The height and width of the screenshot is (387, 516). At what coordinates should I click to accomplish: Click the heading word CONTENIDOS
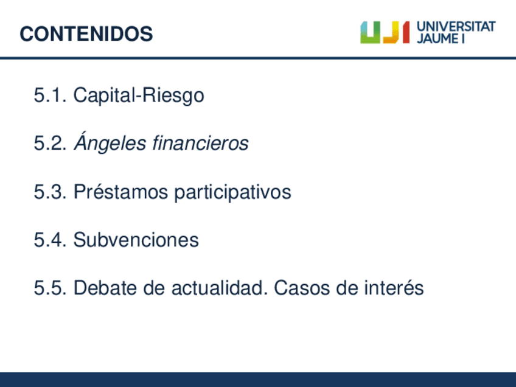pyautogui.click(x=86, y=34)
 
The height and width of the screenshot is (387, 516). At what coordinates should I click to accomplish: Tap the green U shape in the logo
pyautogui.click(x=370, y=33)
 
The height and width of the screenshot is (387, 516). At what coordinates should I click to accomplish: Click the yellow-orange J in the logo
pyautogui.click(x=392, y=33)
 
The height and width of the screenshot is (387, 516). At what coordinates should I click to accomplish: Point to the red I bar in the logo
pyautogui.click(x=406, y=33)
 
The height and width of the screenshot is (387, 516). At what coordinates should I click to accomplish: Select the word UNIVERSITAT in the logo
pyautogui.click(x=456, y=27)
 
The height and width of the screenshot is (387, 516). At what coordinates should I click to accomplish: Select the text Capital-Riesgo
pyautogui.click(x=139, y=96)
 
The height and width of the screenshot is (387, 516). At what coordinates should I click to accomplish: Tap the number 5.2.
pyautogui.click(x=51, y=143)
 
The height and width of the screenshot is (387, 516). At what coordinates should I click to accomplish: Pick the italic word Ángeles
pyautogui.click(x=110, y=142)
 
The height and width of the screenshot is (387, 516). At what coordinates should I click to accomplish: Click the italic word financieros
pyautogui.click(x=200, y=143)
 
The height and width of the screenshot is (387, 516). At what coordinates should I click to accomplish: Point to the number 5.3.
pyautogui.click(x=51, y=192)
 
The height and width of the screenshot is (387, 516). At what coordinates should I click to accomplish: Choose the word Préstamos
pyautogui.click(x=120, y=191)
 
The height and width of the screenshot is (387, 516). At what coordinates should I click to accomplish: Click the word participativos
pyautogui.click(x=232, y=192)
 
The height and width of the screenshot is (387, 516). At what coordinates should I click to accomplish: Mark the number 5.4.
pyautogui.click(x=51, y=240)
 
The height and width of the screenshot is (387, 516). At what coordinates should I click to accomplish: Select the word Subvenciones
pyautogui.click(x=136, y=239)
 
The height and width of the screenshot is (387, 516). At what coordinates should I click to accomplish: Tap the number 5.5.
pyautogui.click(x=51, y=288)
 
